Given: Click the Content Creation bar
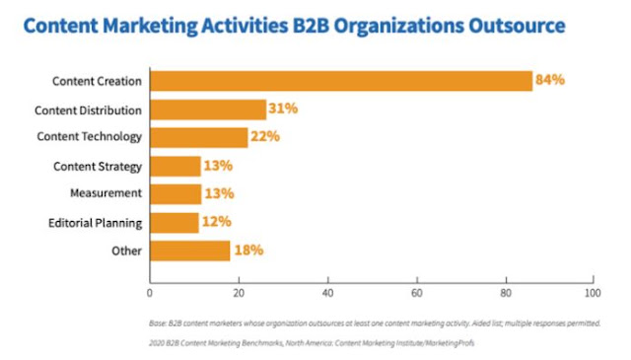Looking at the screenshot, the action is tap(341, 81).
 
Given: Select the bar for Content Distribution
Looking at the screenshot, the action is tap(208, 109).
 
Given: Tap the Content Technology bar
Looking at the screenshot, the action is tap(199, 138).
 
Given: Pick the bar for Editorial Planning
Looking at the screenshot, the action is tap(175, 223).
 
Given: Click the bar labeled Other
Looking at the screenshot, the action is tap(190, 251).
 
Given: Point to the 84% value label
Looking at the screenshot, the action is tap(550, 80).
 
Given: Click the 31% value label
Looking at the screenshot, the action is tap(283, 108).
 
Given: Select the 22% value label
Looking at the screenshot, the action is tap(265, 136).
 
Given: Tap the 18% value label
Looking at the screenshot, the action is tap(248, 251).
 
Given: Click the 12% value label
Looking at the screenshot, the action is tap(217, 222).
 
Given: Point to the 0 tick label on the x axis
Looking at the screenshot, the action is tap(150, 293).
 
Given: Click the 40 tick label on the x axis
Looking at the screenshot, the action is tap(328, 293).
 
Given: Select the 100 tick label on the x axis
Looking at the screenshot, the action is tap(593, 293).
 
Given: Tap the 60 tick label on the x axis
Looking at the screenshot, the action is tap(417, 293).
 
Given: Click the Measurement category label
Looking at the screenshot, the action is tap(105, 193).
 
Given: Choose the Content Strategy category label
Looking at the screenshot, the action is tap(98, 167).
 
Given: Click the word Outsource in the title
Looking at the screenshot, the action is tap(517, 26).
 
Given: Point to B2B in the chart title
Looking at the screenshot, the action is tap(311, 26).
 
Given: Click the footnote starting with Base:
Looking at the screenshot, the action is tap(375, 324).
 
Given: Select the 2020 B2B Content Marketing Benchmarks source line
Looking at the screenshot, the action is tap(312, 343).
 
